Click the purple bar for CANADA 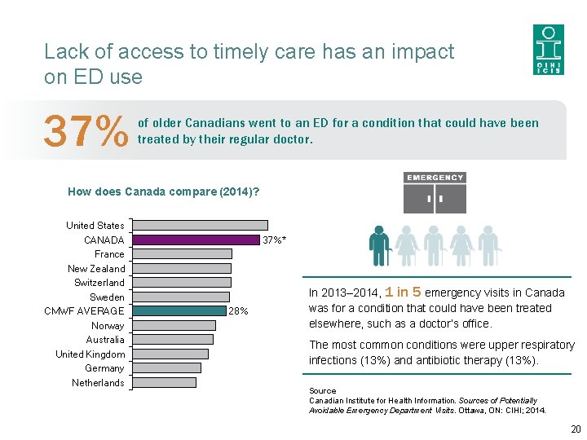tap(196, 240)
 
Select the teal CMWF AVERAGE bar tap(179, 310)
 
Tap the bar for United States tap(200, 225)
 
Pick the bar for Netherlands tap(164, 382)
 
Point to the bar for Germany tap(166, 367)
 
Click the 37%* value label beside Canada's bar tap(274, 240)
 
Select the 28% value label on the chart tap(238, 311)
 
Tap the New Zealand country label tap(96, 268)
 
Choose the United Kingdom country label tap(90, 354)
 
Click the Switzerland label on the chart tap(99, 283)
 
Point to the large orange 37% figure tap(86, 131)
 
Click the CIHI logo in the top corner tap(548, 49)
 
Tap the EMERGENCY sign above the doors tap(435, 178)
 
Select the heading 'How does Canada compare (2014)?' tap(164, 191)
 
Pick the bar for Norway tap(174, 325)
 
